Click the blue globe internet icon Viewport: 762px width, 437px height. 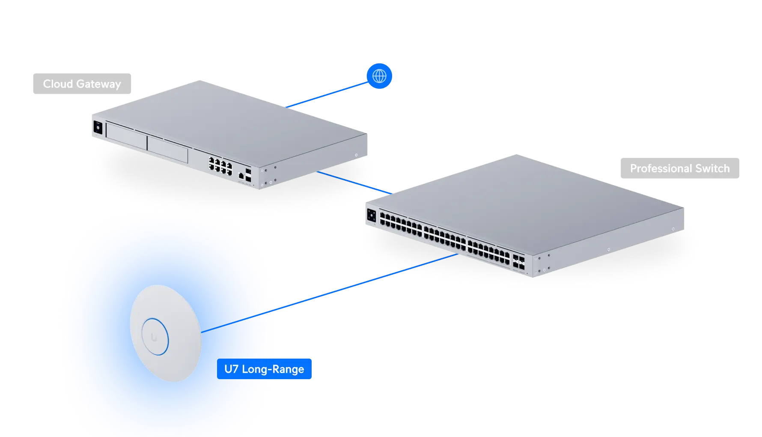(x=379, y=76)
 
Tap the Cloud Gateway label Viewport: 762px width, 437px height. (x=82, y=84)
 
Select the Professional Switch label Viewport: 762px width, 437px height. (x=679, y=169)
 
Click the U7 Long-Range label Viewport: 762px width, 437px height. (x=264, y=369)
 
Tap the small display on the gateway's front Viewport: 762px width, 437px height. (x=98, y=128)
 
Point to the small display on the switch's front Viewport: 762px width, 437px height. (x=371, y=215)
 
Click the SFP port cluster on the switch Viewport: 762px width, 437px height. (x=519, y=262)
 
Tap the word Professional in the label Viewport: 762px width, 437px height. (x=661, y=169)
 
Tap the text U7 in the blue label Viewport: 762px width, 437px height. (x=231, y=369)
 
